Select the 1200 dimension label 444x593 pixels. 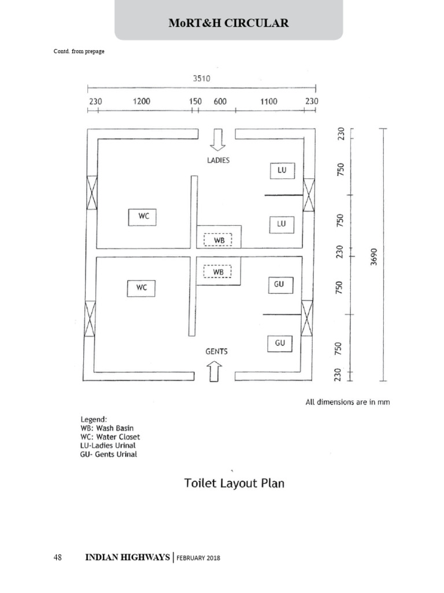(x=142, y=101)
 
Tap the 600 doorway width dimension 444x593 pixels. (x=220, y=101)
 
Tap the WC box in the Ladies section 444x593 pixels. (x=143, y=217)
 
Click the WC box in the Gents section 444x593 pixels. (x=141, y=288)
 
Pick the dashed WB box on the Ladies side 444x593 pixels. (x=218, y=240)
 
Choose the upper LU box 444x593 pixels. (x=282, y=171)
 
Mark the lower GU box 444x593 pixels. (x=280, y=343)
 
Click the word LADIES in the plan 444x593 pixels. (x=219, y=160)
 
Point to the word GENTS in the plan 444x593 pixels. (x=216, y=352)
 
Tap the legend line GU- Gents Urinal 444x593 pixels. (x=109, y=455)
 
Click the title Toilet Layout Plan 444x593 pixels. (x=234, y=483)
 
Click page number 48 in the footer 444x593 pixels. (x=58, y=558)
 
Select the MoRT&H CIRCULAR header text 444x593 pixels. (x=228, y=23)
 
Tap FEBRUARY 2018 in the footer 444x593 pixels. (x=198, y=558)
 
